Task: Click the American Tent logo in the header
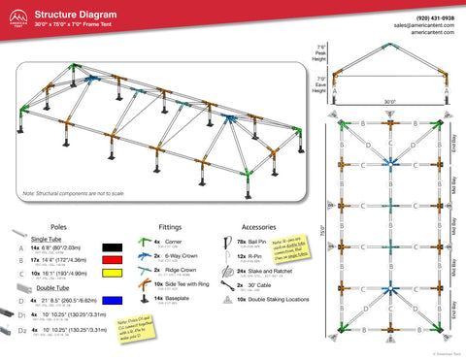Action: tap(14, 18)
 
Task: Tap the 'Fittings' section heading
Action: tap(171, 222)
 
